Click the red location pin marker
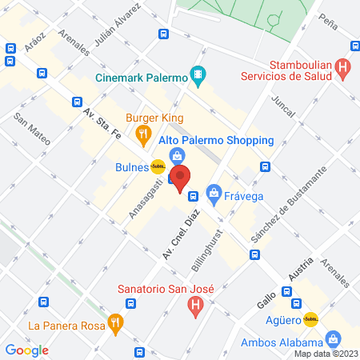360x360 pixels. coord(182,178)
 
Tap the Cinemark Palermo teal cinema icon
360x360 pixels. coord(198,77)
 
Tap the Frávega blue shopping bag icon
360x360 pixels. coord(214,193)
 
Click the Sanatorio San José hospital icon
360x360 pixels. coord(194,305)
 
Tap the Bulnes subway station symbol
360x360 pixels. coord(158,167)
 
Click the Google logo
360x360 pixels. coord(27,350)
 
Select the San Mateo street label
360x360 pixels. coord(33,129)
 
